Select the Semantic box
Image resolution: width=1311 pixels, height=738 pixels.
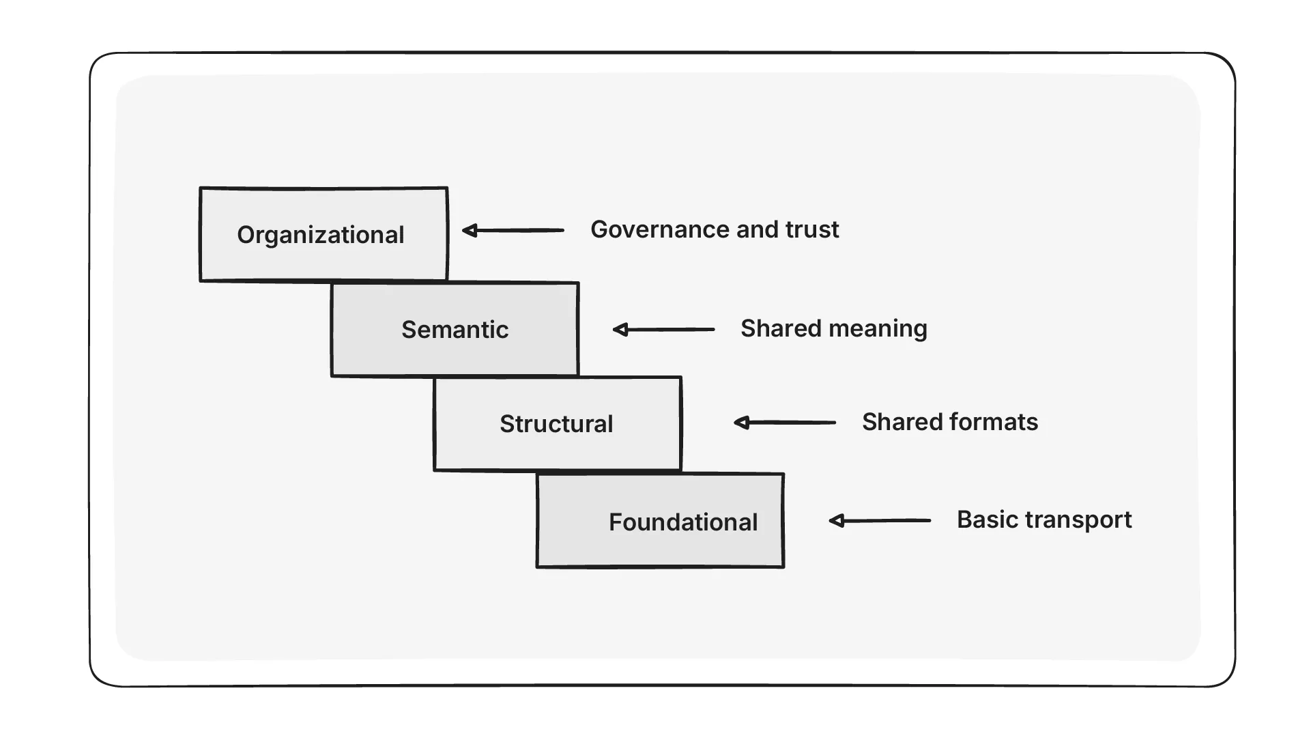455,329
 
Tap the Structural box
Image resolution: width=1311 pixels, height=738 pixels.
557,423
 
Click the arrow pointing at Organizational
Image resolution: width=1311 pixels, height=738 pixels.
513,231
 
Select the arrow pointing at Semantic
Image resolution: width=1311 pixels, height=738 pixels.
663,330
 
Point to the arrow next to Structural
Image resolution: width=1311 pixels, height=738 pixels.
785,423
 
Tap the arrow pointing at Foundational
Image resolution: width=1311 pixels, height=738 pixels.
880,521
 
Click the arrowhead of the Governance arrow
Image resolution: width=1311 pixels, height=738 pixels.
469,231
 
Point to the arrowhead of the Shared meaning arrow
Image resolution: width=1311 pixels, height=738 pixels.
620,330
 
